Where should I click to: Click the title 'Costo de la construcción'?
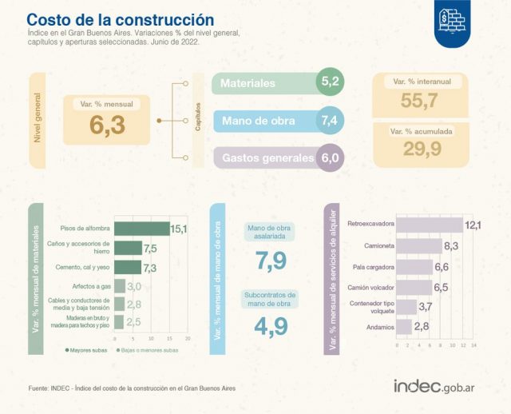tap(121, 18)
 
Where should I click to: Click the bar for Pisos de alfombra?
tap(142, 229)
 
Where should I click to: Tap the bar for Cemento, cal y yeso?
tap(128, 266)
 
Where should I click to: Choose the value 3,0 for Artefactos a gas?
tap(133, 285)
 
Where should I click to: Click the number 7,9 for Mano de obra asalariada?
tap(271, 260)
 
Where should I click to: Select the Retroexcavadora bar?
tap(428, 225)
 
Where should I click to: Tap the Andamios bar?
tap(403, 326)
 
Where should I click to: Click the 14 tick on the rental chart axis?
tap(473, 345)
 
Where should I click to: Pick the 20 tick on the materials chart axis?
tap(188, 338)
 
